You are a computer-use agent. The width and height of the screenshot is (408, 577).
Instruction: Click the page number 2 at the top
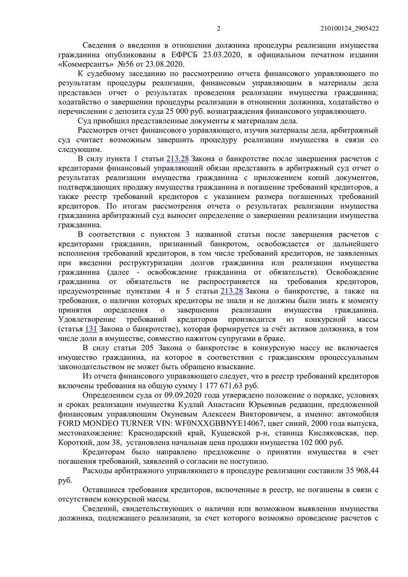click(x=218, y=29)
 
